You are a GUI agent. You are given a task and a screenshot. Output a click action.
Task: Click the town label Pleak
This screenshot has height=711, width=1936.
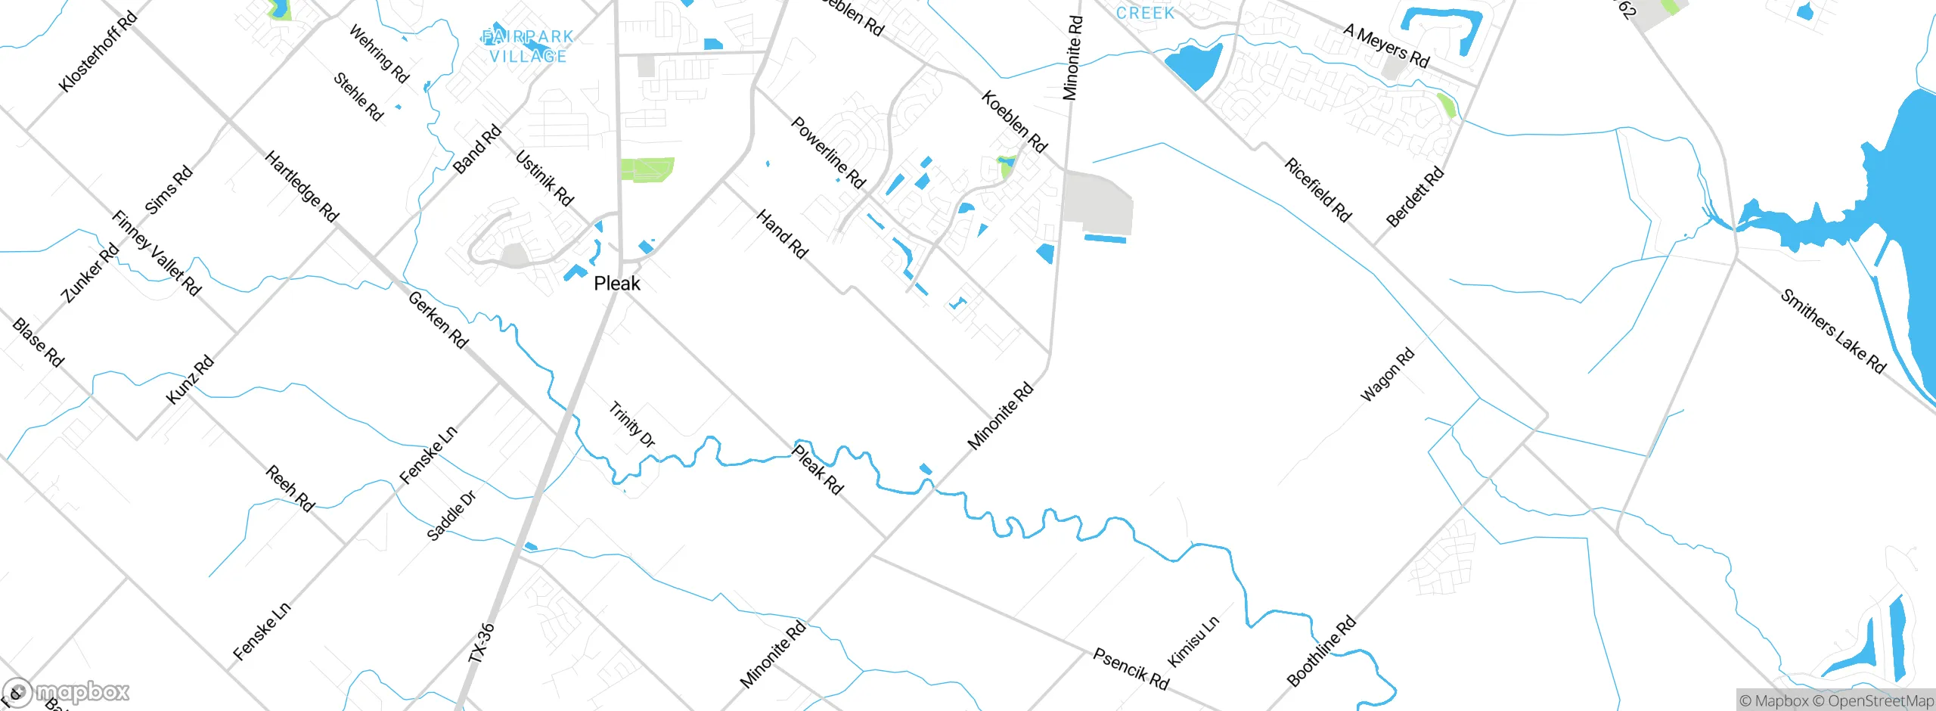click(617, 284)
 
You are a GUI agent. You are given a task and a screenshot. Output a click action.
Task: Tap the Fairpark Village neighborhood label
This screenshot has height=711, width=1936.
click(528, 46)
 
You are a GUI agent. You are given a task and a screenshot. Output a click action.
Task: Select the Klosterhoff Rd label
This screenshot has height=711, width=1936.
click(98, 51)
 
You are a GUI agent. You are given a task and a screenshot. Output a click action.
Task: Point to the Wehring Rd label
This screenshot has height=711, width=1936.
click(379, 54)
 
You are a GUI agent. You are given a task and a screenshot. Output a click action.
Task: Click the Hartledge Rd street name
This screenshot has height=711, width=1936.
click(302, 186)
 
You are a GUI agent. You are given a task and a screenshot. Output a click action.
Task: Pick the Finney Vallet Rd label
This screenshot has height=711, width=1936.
click(157, 253)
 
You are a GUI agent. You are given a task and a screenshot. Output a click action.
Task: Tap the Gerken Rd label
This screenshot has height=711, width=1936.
click(439, 320)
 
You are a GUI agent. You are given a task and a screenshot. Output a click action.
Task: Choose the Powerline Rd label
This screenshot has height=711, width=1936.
click(829, 152)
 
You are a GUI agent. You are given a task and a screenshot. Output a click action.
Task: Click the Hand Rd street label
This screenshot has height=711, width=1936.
click(783, 234)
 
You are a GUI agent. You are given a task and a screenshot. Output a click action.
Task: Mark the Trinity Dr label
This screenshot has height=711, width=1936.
click(632, 424)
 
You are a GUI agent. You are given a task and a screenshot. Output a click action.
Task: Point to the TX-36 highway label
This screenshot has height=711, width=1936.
click(482, 643)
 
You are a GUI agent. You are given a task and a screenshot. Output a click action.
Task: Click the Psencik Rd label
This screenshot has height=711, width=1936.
click(1131, 669)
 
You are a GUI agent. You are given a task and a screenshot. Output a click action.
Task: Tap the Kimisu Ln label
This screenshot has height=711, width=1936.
click(1193, 641)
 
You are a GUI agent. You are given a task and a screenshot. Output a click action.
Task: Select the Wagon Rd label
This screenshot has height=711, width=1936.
click(1387, 375)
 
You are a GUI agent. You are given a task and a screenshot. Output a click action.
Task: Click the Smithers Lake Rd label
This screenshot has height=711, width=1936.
click(1833, 331)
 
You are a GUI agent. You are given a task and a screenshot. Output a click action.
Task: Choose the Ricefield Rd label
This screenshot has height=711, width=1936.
click(1318, 190)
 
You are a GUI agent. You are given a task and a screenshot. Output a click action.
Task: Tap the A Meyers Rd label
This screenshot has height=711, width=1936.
click(1387, 46)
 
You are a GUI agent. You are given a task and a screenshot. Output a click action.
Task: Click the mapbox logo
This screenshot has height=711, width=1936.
click(67, 692)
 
